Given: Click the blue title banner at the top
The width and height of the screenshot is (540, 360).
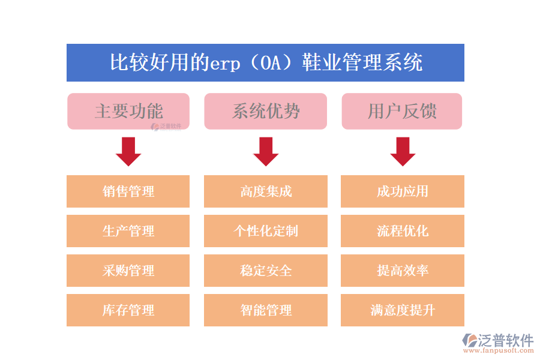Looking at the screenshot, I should pos(265,62).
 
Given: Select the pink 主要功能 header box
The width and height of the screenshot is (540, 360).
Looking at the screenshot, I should pos(128,111).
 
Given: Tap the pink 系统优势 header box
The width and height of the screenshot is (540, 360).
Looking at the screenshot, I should pos(265,111).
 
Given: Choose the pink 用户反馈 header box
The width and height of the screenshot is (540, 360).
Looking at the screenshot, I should pos(402,111).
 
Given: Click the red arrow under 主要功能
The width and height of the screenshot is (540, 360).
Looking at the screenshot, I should pos(128,151).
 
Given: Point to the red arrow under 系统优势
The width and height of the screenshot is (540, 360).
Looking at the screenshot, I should pos(265,151).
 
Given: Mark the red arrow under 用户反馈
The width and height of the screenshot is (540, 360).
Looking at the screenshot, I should pos(403,151).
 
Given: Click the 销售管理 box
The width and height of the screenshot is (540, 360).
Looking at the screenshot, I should pos(128,191).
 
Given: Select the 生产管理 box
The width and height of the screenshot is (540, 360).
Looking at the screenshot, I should pos(128,231).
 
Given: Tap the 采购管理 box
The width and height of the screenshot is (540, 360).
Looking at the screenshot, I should pos(128,271).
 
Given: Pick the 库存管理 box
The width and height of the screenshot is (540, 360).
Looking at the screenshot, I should pos(128,310).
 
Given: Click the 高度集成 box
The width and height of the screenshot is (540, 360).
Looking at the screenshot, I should pos(265,191).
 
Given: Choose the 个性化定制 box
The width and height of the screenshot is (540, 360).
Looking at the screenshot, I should pos(265,231).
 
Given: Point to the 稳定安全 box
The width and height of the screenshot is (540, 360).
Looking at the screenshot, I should pos(265,271).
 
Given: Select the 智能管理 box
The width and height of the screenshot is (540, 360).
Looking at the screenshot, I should pos(265,310).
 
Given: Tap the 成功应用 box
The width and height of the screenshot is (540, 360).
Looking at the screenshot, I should pos(403,191).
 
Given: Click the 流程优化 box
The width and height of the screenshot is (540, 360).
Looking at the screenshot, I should pos(403,231).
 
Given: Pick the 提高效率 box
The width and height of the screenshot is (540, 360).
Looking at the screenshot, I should pos(403,271).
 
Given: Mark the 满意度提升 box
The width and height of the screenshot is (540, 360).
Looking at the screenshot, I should pos(403,310).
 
